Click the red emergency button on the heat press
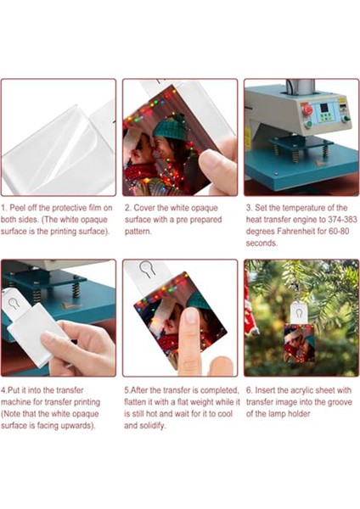pyautogui.click(x=306, y=109)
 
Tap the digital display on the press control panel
pyautogui.click(x=323, y=108)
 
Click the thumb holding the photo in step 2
pyautogui.click(x=217, y=165)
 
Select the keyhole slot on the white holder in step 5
pyautogui.click(x=146, y=269)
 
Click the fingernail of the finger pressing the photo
pyautogui.click(x=191, y=316)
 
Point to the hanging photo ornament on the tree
pyautogui.click(x=299, y=343)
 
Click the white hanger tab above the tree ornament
pyautogui.click(x=299, y=313)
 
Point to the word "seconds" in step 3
pyautogui.click(x=262, y=243)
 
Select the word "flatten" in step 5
pyautogui.click(x=133, y=402)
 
